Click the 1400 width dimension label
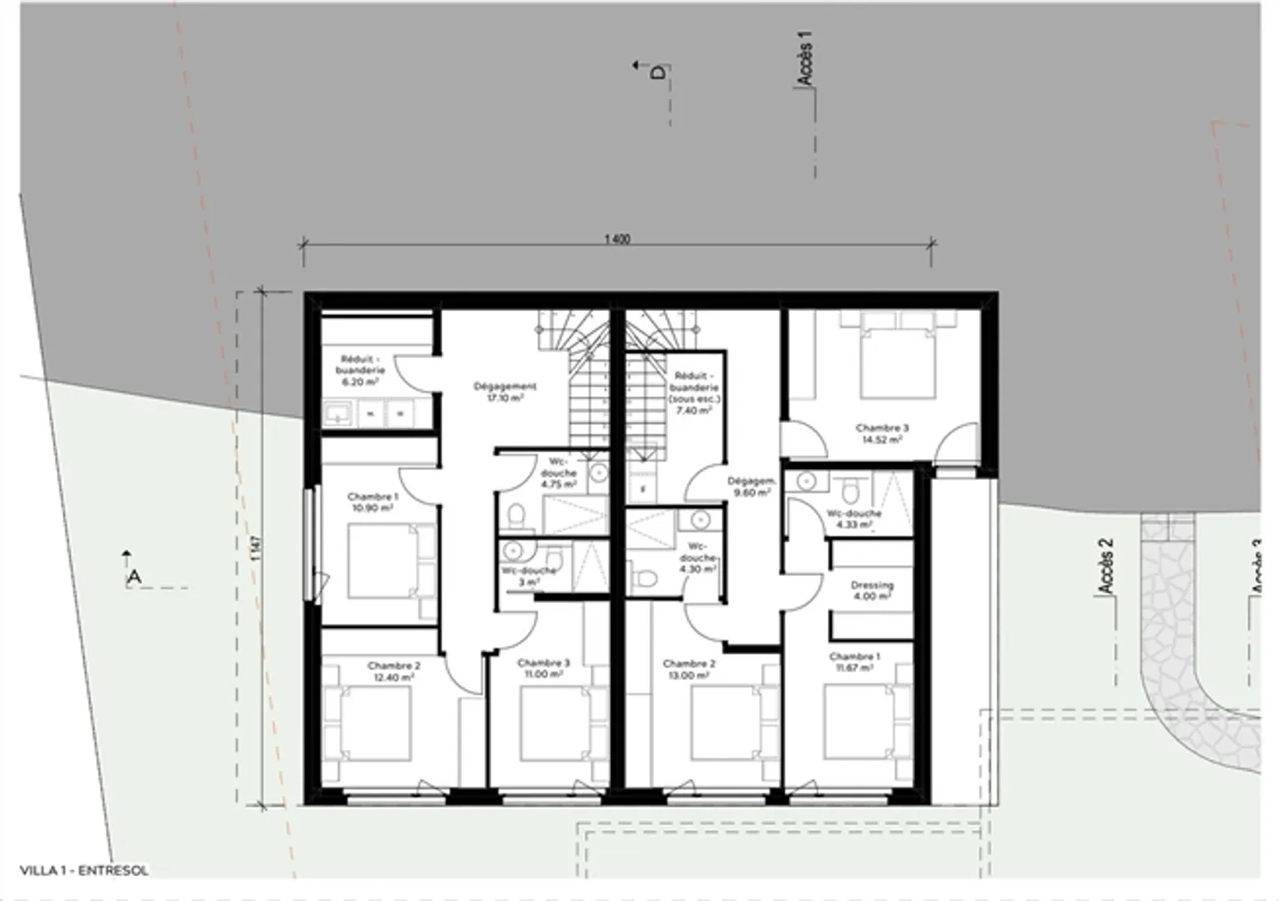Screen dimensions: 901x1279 616,239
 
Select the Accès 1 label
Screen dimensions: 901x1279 805,58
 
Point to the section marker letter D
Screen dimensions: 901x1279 657,72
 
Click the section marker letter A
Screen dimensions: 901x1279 134,578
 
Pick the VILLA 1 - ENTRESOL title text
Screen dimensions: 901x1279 84,871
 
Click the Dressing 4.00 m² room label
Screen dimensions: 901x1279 871,591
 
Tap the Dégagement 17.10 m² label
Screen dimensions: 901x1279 504,392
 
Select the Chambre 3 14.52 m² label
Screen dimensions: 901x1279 881,433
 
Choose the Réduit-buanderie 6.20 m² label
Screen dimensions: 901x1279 361,370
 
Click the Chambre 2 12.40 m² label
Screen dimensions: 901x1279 393,671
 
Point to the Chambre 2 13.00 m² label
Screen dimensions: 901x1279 688,669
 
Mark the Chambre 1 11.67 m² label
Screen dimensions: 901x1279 854,662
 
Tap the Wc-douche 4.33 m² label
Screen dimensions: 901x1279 854,518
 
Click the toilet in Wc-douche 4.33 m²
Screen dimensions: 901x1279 849,488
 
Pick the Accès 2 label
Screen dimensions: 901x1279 1105,566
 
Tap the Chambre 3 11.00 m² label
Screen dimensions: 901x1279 543,668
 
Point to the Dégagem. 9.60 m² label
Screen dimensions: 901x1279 751,486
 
